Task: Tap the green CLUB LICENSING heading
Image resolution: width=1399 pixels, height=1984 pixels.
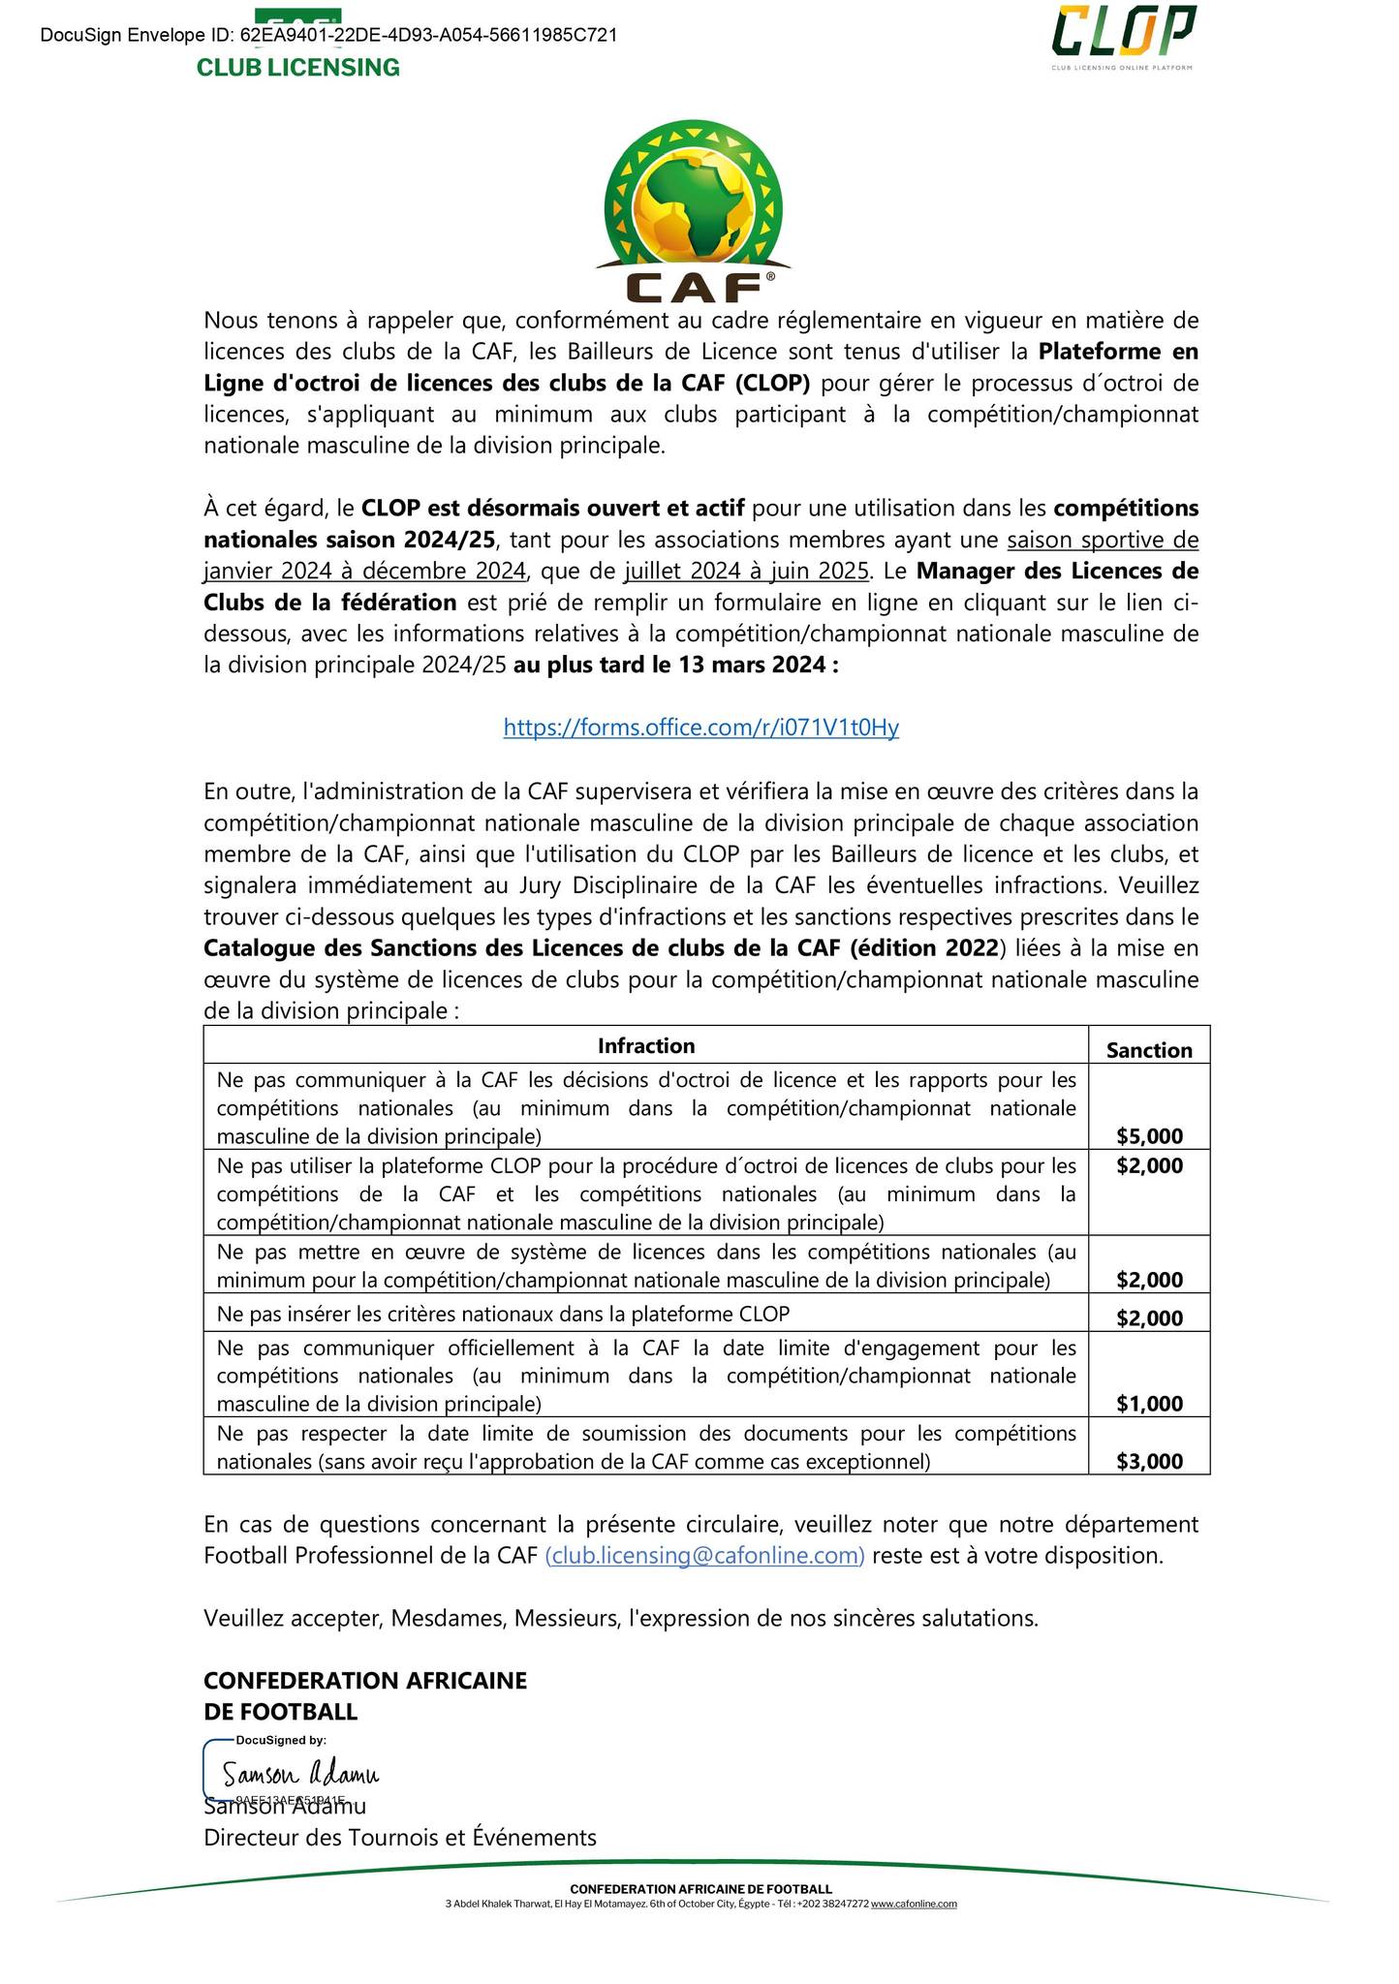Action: [297, 68]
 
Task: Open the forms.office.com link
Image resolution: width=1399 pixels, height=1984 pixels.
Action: [700, 728]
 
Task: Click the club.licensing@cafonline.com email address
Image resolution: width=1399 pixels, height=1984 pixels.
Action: [704, 1556]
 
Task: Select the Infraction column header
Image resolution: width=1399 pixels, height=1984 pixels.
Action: [645, 1045]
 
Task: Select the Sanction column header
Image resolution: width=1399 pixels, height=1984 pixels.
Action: [1149, 1050]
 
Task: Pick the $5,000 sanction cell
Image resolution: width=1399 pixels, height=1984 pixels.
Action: [1149, 1136]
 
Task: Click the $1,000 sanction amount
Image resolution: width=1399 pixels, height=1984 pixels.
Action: [1149, 1404]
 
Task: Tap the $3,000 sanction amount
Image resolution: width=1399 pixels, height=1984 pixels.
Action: [1149, 1462]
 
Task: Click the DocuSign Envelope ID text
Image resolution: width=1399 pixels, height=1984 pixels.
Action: [329, 36]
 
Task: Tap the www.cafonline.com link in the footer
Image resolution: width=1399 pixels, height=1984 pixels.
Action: [914, 1904]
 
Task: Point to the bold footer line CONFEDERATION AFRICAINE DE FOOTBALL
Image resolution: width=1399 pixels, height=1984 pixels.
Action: [700, 1889]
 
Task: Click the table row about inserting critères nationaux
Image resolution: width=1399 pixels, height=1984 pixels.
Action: [503, 1314]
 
